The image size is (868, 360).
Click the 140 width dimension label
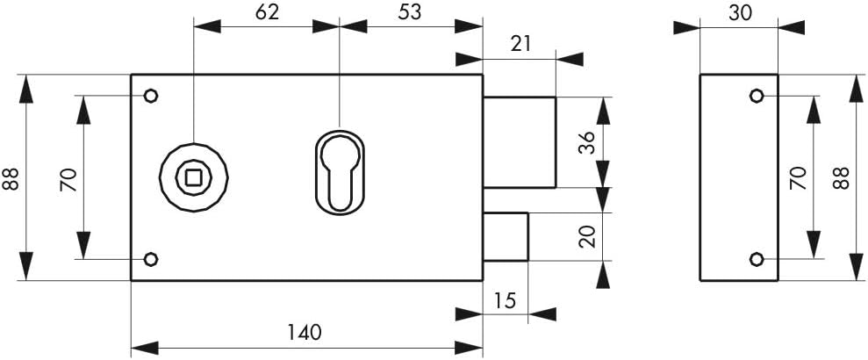pyautogui.click(x=304, y=332)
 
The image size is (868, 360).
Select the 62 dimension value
pyautogui.click(x=267, y=12)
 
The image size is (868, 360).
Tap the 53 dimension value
pyautogui.click(x=410, y=12)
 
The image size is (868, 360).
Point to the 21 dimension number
pyautogui.click(x=520, y=44)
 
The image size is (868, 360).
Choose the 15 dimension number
pyautogui.click(x=505, y=301)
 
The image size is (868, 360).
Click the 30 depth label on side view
pyautogui.click(x=740, y=13)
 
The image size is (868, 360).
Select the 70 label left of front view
pyautogui.click(x=68, y=179)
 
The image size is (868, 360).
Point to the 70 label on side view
pyautogui.click(x=797, y=178)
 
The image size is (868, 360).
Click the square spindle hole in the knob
pyautogui.click(x=194, y=177)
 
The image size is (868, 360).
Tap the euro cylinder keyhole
pyautogui.click(x=340, y=172)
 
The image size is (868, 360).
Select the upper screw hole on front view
pyautogui.click(x=151, y=96)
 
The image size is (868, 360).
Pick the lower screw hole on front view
pyautogui.click(x=151, y=259)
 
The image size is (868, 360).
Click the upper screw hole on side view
pyautogui.click(x=757, y=96)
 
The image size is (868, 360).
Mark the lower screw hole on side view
pyautogui.click(x=757, y=259)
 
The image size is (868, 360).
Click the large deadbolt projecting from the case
pyautogui.click(x=520, y=142)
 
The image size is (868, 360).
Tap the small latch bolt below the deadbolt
pyautogui.click(x=506, y=236)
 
